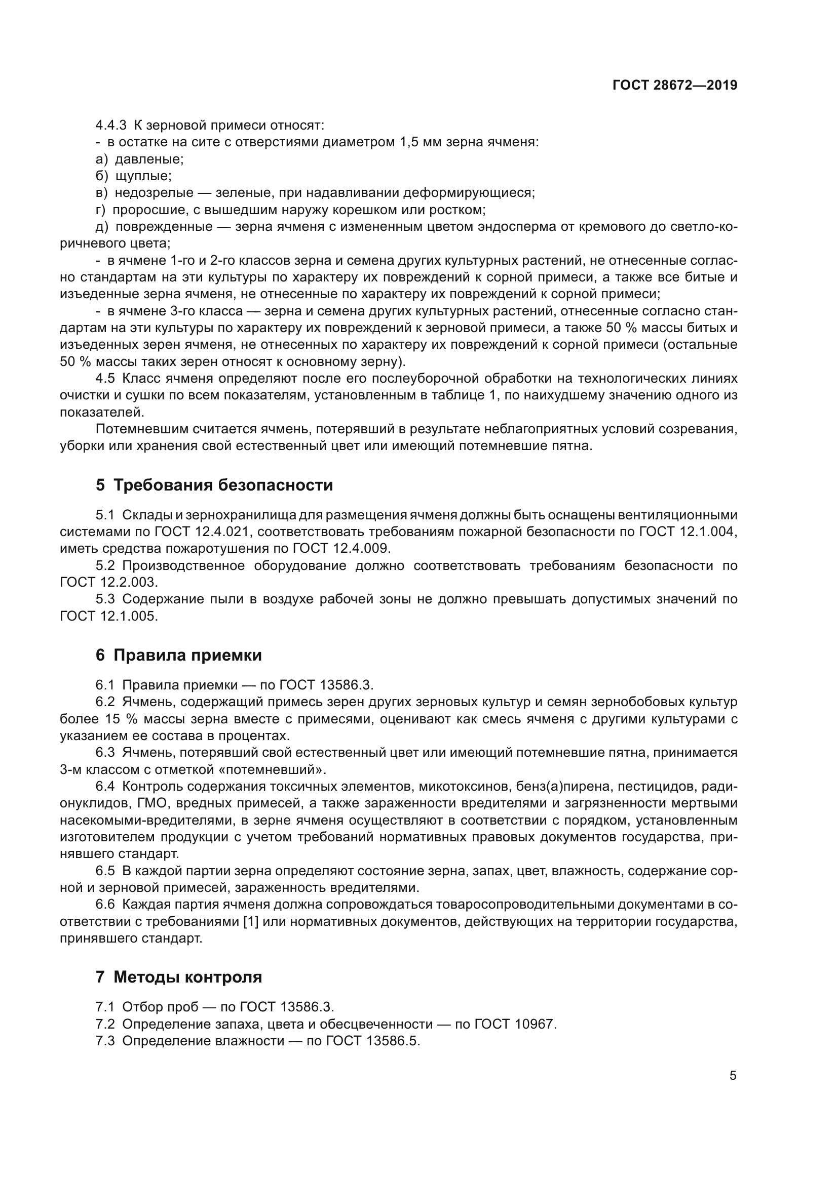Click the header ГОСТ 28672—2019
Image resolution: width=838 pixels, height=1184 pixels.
tap(675, 85)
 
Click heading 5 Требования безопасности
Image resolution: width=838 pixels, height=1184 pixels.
tap(214, 485)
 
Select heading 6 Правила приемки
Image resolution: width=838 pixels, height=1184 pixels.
tap(178, 656)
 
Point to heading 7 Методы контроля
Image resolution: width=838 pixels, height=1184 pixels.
tap(178, 977)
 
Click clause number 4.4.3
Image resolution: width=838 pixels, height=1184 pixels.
tap(111, 126)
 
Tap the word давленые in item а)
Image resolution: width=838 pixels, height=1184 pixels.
tap(149, 159)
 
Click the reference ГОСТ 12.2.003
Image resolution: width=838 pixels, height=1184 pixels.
tap(108, 583)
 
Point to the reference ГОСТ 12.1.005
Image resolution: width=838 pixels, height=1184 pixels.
tap(108, 616)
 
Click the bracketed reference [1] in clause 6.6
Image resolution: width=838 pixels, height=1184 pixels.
tap(251, 921)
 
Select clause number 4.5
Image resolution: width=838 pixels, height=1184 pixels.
tap(105, 379)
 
